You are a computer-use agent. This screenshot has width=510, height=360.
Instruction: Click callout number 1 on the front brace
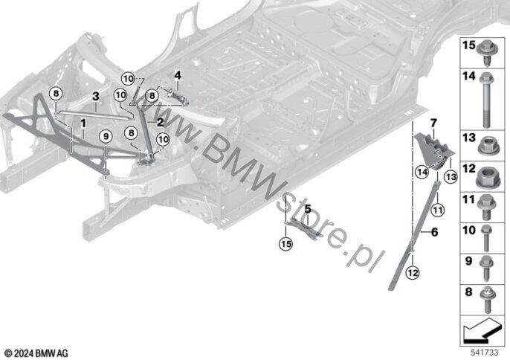pos(83,119)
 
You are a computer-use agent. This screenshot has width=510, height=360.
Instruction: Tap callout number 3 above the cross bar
pos(95,97)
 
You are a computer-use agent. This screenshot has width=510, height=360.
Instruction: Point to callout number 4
pos(178,74)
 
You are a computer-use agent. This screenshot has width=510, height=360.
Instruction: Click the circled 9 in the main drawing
pos(106,135)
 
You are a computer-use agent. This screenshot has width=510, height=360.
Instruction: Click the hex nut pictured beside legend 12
pos(488,179)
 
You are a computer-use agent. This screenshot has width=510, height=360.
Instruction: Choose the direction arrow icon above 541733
pos(482,328)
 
